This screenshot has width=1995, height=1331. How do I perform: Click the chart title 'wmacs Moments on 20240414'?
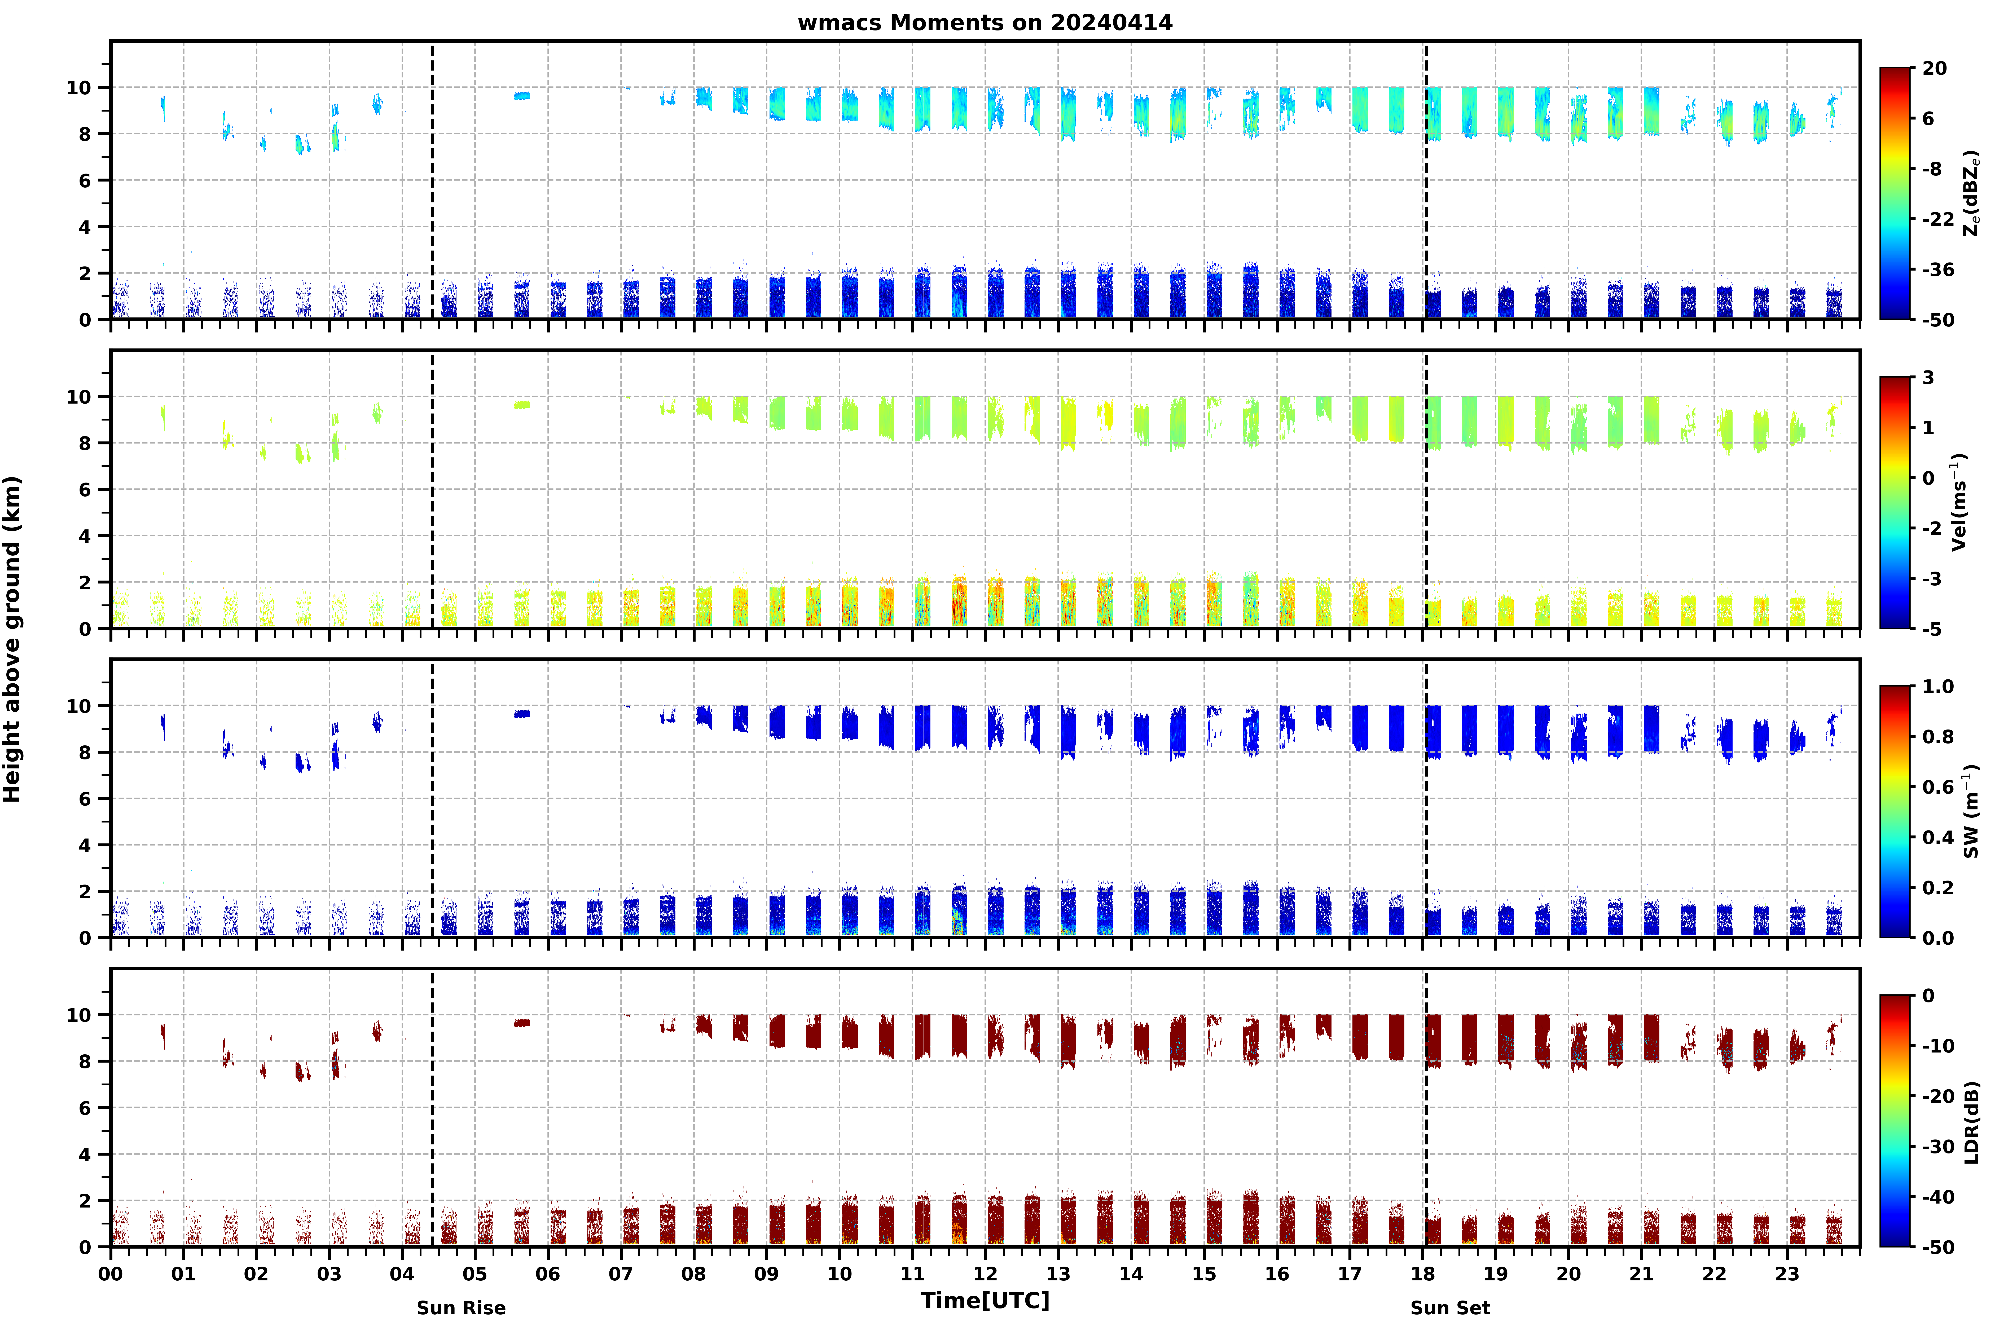[x=985, y=23]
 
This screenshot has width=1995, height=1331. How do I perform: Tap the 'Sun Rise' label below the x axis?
[x=461, y=1308]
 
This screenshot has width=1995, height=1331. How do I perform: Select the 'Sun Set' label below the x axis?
[x=1450, y=1308]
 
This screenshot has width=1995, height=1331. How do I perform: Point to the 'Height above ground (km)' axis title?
[x=12, y=639]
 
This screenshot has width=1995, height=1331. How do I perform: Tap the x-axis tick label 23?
[x=1787, y=1274]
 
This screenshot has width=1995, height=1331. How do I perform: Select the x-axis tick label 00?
[x=110, y=1274]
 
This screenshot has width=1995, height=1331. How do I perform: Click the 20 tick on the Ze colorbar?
[x=1935, y=69]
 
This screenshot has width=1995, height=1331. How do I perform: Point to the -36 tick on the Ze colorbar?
[x=1938, y=270]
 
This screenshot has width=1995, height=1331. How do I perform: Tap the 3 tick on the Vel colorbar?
[x=1928, y=378]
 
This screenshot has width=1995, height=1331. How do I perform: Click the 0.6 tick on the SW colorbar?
[x=1938, y=787]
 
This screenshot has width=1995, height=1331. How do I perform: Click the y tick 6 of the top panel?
[x=84, y=181]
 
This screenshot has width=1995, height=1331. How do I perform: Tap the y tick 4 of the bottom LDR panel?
[x=84, y=1155]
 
